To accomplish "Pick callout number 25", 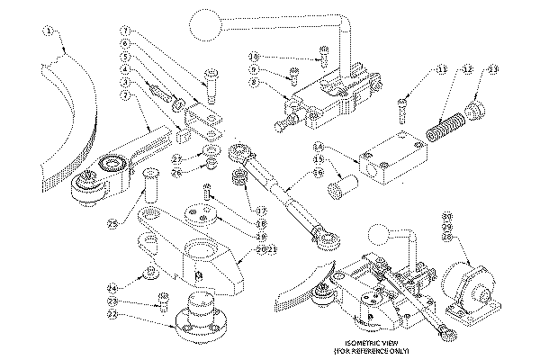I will coord(113,225).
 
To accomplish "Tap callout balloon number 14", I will coord(319,146).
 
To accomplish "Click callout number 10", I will coord(255,55).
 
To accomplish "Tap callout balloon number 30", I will coord(447,216).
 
